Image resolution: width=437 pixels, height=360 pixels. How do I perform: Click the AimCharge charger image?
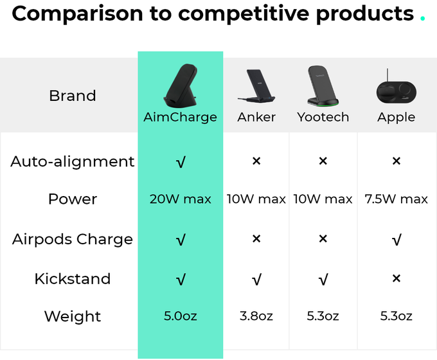(x=181, y=86)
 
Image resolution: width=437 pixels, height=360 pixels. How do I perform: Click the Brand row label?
(x=73, y=96)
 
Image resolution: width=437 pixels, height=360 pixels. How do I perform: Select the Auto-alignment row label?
(x=73, y=161)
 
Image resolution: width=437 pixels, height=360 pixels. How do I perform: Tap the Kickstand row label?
(x=73, y=278)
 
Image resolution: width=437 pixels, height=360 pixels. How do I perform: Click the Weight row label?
(x=73, y=316)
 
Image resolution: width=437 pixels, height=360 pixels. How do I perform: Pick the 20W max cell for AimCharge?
(x=181, y=199)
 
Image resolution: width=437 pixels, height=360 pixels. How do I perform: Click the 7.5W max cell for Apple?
(x=397, y=199)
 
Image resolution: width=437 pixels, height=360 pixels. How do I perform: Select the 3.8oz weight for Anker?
(x=256, y=316)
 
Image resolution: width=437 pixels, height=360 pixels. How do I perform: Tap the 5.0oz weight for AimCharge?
(x=181, y=316)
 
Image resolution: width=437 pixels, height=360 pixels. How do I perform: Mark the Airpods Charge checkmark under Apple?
(x=397, y=240)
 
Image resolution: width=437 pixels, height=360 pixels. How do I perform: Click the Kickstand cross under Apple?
(x=397, y=278)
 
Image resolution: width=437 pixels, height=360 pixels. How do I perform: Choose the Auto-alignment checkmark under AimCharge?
(x=181, y=162)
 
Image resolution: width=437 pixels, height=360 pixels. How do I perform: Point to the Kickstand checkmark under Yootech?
(x=323, y=280)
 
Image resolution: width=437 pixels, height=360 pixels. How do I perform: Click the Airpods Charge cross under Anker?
(x=256, y=239)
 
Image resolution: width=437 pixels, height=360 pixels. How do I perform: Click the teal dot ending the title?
(x=422, y=18)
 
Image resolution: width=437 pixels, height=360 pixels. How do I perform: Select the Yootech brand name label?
(x=323, y=117)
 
